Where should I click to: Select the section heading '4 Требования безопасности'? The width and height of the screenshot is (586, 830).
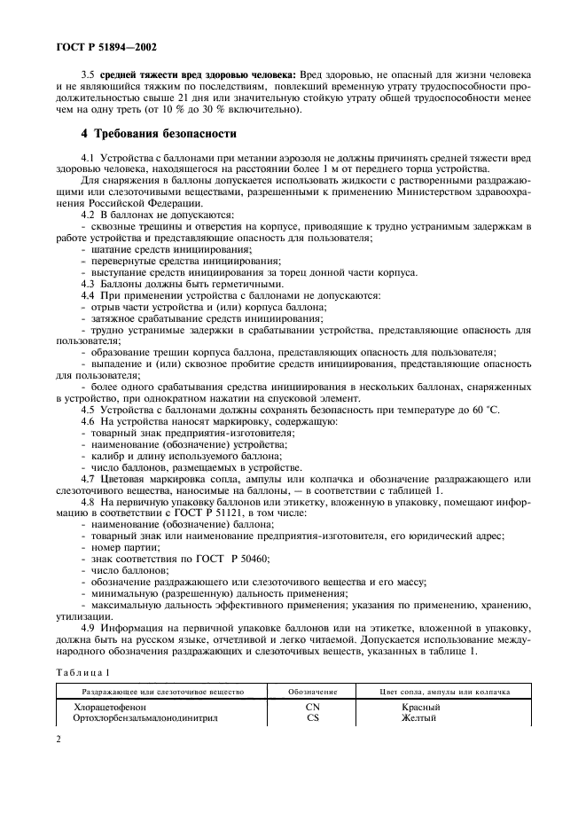pos(159,134)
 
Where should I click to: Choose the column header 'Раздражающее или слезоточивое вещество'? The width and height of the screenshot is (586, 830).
pos(165,690)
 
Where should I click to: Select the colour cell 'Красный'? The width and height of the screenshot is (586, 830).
pos(420,707)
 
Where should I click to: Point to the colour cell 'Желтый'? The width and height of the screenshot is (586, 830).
pos(418,718)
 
